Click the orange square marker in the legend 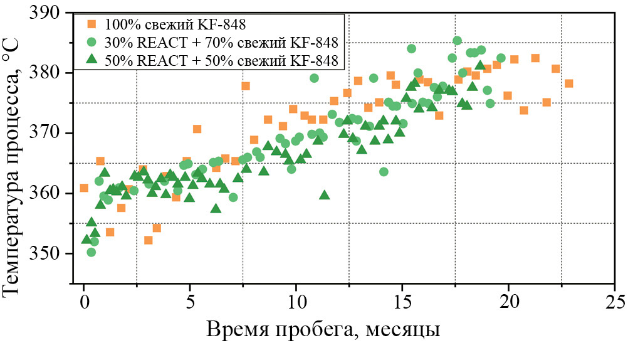click(x=92, y=25)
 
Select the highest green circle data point click(x=457, y=41)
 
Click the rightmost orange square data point click(x=568, y=83)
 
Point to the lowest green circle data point click(x=92, y=252)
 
